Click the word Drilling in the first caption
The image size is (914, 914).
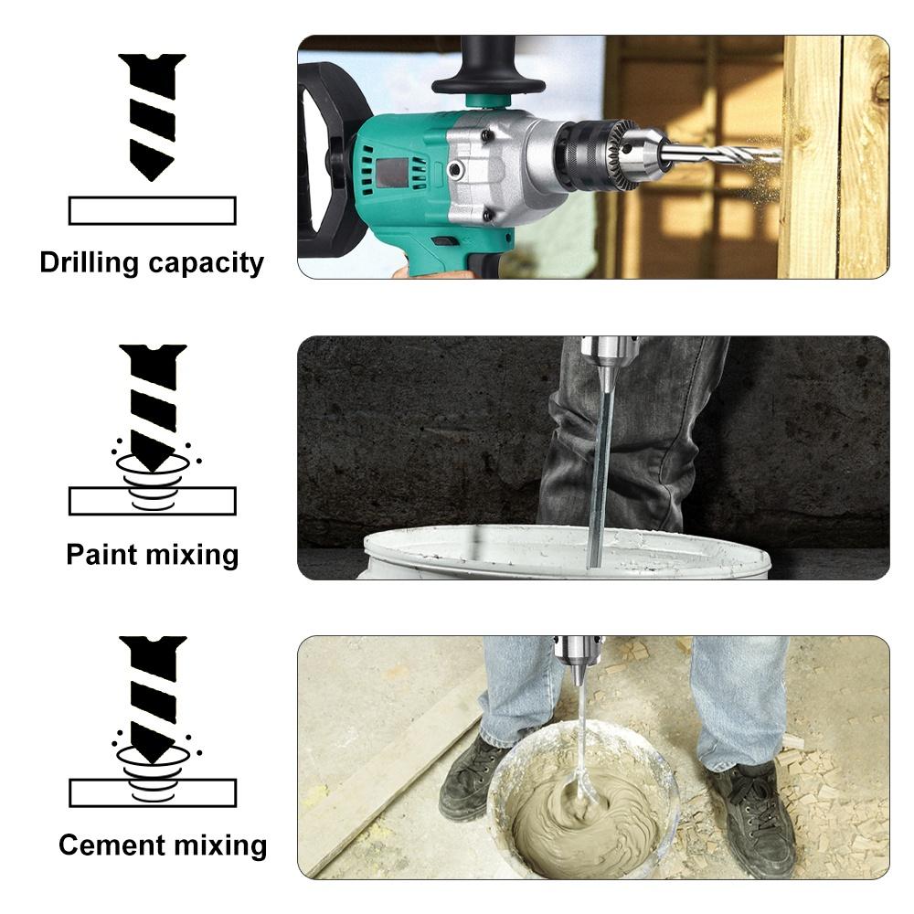click(90, 263)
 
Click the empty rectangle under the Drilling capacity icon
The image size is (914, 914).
click(153, 211)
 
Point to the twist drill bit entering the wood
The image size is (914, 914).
click(722, 154)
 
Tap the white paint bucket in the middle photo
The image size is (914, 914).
click(567, 552)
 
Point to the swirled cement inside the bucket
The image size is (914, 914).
click(585, 819)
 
